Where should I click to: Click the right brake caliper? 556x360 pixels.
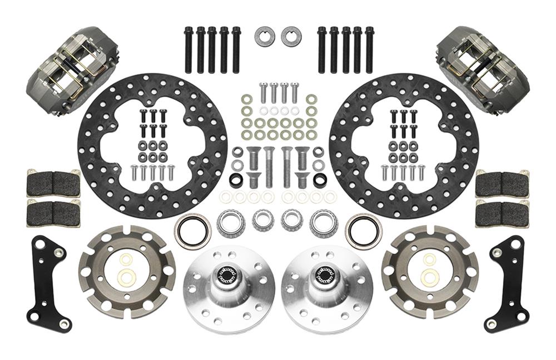coord(483,68)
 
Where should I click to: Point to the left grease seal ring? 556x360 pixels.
coord(192,231)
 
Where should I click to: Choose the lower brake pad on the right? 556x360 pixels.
coord(502,212)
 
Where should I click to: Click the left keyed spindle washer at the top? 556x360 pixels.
coord(265,37)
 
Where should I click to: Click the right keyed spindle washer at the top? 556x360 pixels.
coord(291,37)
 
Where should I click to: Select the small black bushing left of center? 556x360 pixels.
coord(236,181)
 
